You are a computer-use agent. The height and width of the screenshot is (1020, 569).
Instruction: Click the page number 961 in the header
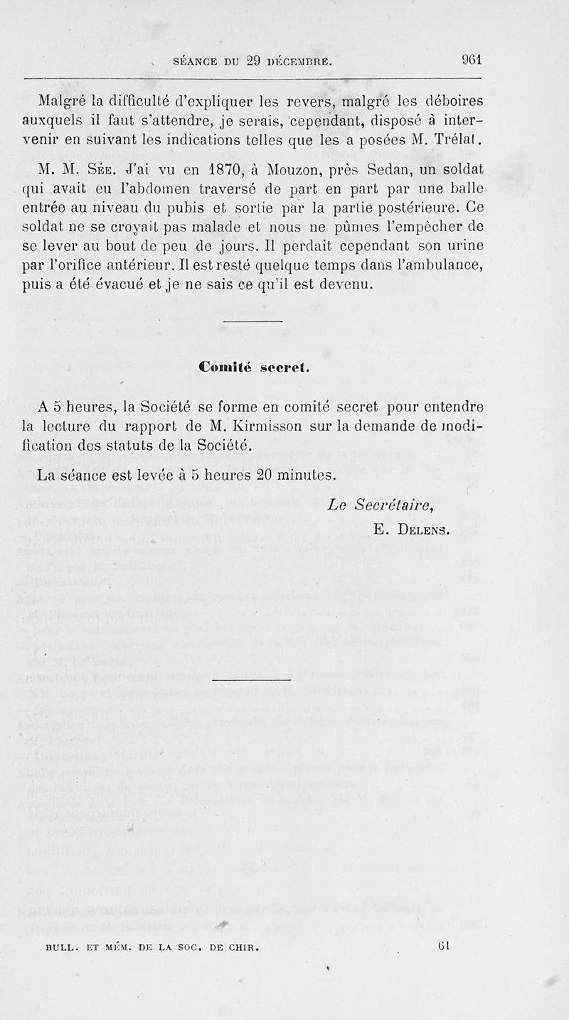pos(472,60)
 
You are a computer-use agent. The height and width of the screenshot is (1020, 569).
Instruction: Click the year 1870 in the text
pos(229,170)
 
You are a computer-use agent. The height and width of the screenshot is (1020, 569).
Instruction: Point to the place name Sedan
pos(383,170)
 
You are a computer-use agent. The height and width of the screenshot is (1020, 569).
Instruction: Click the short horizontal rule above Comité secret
pos(253,323)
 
